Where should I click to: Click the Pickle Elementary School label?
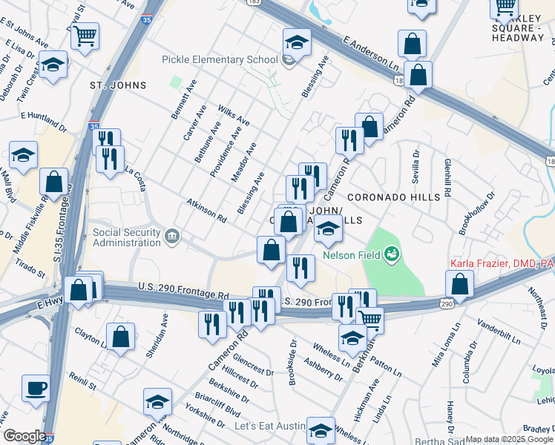click(220, 60)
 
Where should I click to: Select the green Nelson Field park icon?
click(391, 256)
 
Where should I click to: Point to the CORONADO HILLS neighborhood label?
click(393, 197)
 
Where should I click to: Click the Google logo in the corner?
click(24, 436)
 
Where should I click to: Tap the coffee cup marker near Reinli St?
click(36, 388)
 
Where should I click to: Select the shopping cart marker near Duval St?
click(85, 35)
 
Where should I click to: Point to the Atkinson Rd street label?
click(206, 211)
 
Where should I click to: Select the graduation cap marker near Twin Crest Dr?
click(53, 65)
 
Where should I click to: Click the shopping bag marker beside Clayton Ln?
click(120, 336)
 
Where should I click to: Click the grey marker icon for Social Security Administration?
click(172, 237)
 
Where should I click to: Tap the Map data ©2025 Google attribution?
click(508, 439)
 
